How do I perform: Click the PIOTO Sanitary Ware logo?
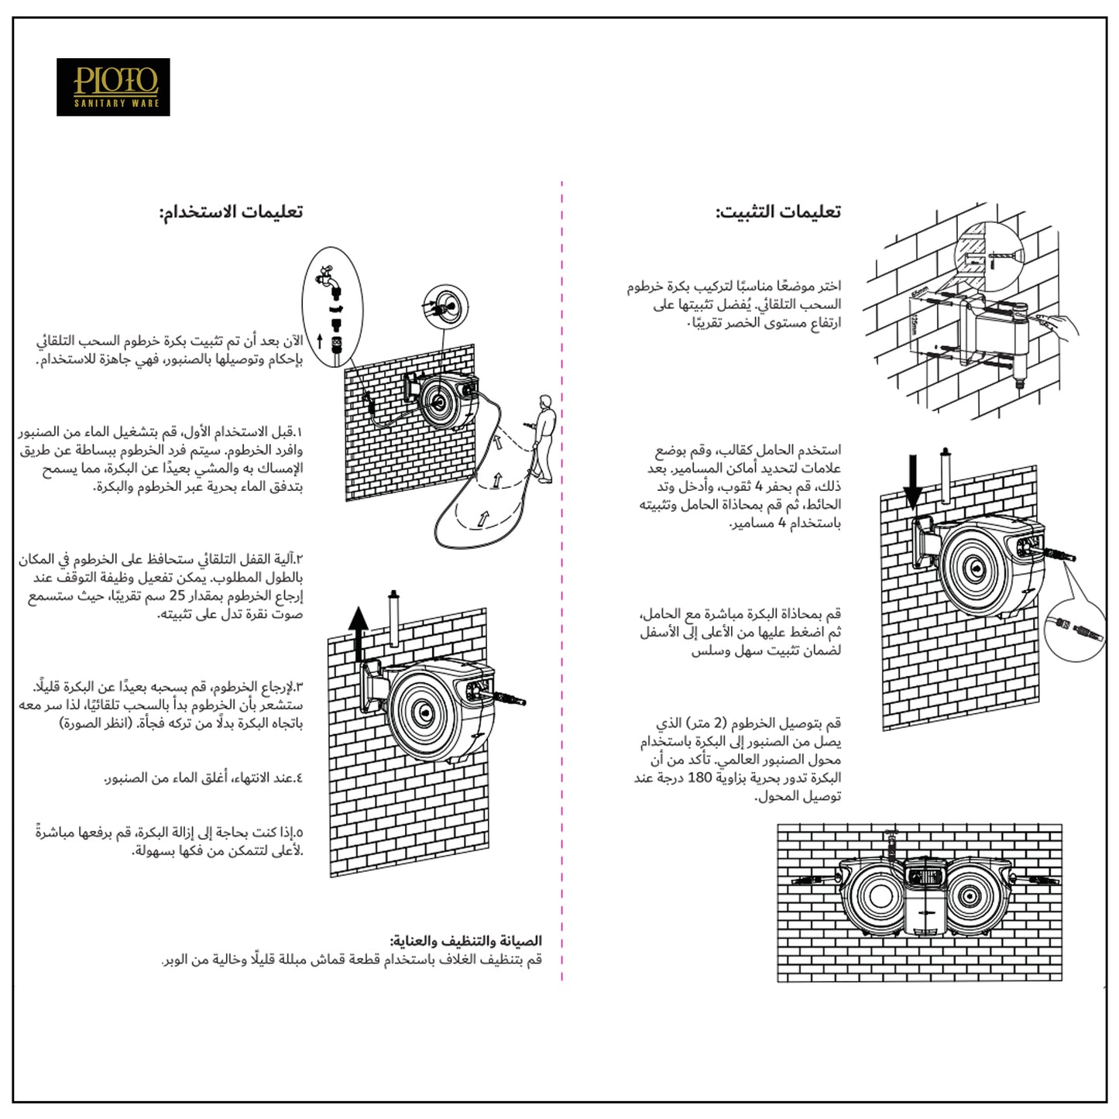click(113, 87)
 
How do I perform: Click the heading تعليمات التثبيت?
click(777, 212)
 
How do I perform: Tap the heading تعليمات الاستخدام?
click(231, 212)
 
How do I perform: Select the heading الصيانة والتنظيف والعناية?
click(466, 941)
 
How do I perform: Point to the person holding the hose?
click(545, 438)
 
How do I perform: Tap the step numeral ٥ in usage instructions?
click(299, 832)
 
